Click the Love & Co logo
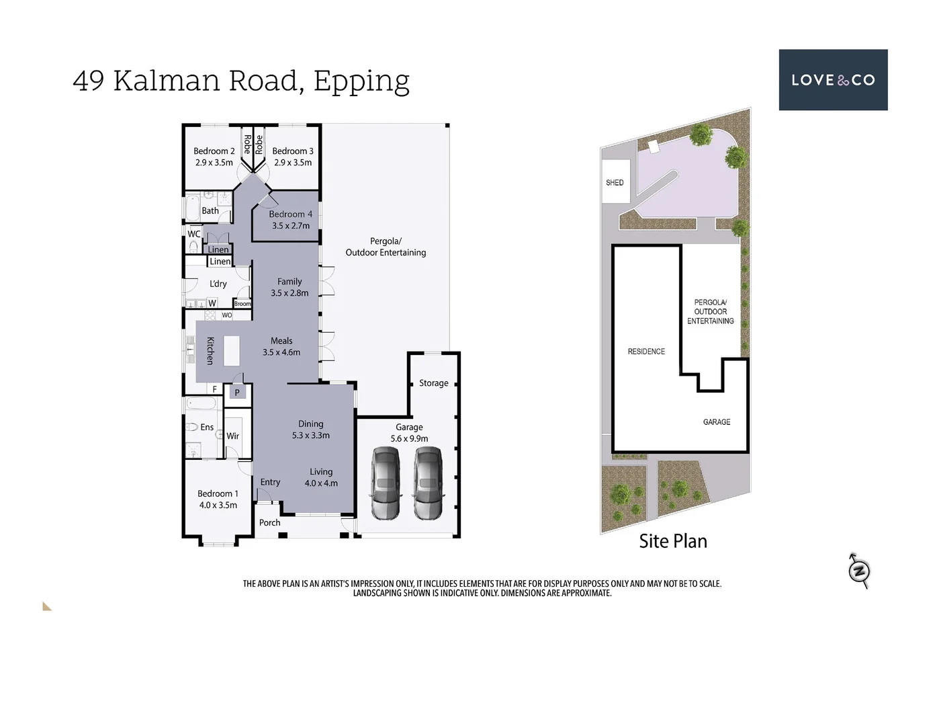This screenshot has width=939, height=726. pos(833,80)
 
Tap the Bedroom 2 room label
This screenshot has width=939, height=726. pos(214,151)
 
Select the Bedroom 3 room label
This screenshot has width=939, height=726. pos(292,151)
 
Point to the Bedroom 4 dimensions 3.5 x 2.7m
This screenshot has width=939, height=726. pos(291,226)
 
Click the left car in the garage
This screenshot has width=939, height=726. pos(386,484)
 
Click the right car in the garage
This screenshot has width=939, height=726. pos(429,484)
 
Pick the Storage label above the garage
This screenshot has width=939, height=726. pos(433,383)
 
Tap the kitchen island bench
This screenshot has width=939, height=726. pos(231,350)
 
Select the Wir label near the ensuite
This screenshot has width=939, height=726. pos(232,436)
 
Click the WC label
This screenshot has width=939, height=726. pos(193,234)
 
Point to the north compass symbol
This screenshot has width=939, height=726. pos(859,571)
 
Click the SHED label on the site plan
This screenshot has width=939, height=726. pos(615,183)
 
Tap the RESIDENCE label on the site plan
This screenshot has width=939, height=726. pos(646,352)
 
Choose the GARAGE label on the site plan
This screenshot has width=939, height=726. pos(716,422)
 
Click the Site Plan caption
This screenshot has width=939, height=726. pos(672,541)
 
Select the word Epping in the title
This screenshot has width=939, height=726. pos(361,81)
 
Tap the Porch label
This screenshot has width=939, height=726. pos(269,523)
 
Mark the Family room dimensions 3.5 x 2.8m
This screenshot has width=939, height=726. pos(289,293)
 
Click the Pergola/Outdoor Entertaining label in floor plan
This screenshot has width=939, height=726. pos(386,247)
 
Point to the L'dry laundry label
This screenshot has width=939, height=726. pos(218,284)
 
